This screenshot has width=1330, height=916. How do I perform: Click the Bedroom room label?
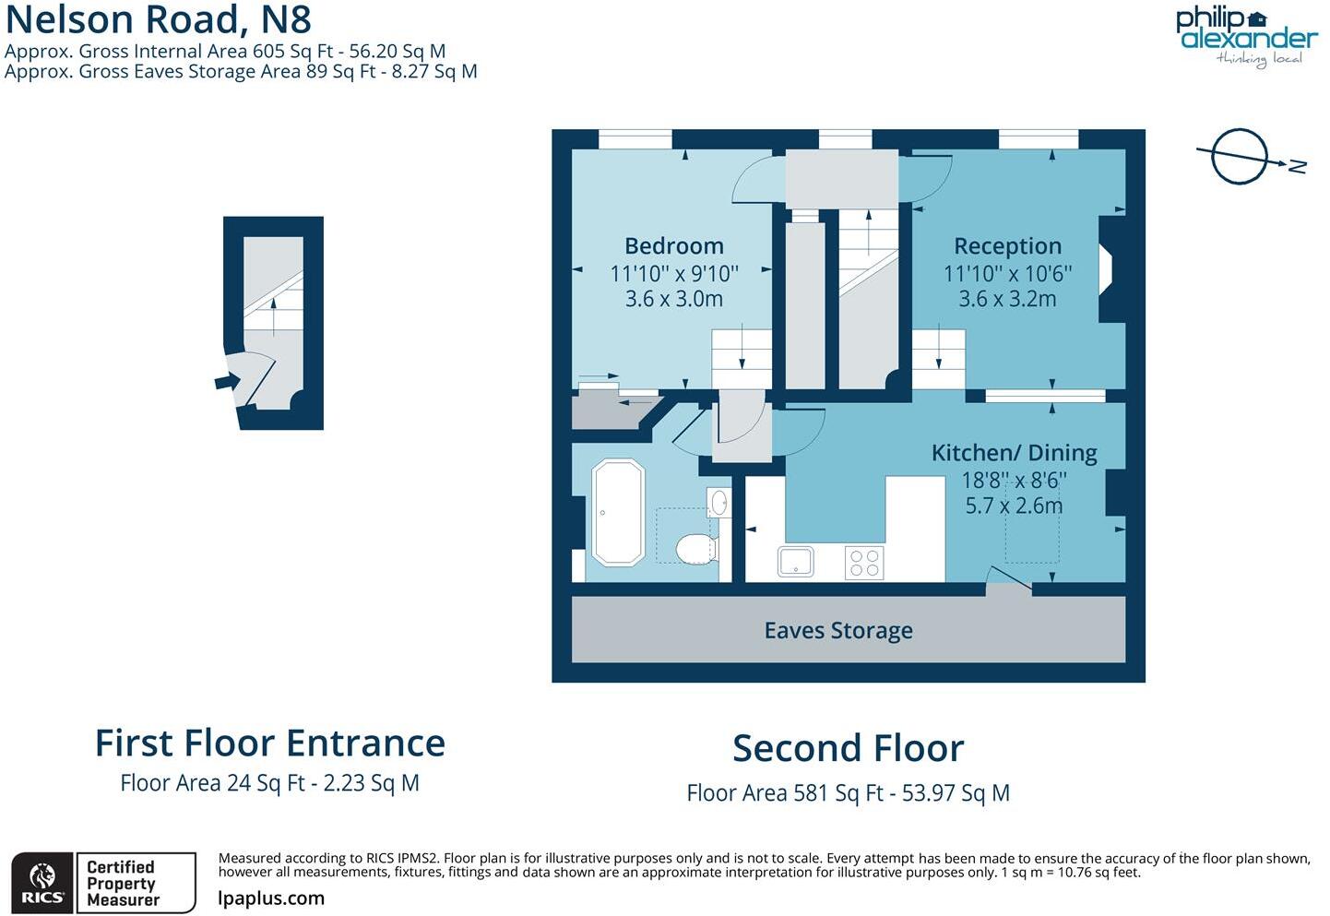673,246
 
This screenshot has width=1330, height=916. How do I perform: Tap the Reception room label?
1007,246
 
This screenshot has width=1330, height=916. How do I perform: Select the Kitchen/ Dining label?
1014,453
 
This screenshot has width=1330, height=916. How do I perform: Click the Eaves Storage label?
838,630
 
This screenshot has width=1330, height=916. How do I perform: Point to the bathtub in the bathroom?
618,512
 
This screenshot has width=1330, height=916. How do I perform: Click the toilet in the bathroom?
695,549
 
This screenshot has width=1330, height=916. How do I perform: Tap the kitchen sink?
795,562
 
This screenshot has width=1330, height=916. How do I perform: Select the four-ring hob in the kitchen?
864,563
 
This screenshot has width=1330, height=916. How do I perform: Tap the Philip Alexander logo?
1246,36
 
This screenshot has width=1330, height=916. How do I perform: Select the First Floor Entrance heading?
269,744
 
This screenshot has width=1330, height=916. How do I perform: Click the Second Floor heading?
848,748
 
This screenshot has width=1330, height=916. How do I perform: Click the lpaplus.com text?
271,898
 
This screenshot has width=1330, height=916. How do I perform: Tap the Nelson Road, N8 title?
159,19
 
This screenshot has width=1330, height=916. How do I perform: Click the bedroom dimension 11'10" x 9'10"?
673,274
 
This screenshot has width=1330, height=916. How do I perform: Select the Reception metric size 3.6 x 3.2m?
1007,299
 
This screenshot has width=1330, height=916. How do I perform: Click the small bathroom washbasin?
718,503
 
